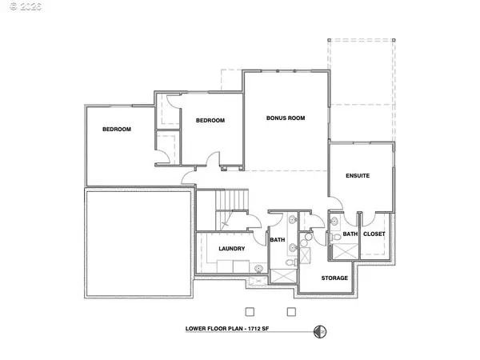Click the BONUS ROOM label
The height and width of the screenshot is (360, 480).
(286, 118)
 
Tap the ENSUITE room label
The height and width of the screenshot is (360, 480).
(357, 175)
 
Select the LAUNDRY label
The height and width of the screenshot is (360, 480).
(230, 249)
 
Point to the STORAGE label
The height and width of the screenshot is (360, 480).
(334, 278)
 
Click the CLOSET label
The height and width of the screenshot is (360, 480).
(374, 234)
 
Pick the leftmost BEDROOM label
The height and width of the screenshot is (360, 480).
(117, 129)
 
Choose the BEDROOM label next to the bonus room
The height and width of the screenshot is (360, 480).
(210, 120)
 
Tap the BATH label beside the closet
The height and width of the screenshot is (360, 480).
(350, 234)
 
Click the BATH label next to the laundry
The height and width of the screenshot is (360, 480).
(277, 239)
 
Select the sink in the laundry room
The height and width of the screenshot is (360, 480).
(259, 269)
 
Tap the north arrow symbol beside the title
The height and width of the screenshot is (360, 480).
(321, 330)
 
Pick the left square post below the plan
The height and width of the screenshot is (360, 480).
(249, 310)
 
